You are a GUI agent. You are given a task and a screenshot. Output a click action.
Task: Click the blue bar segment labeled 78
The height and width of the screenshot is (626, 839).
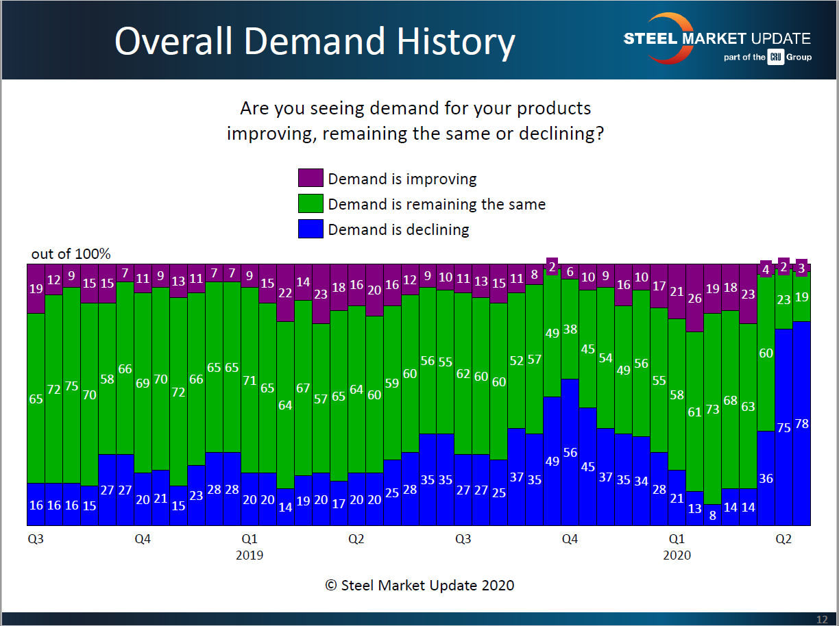tap(801, 423)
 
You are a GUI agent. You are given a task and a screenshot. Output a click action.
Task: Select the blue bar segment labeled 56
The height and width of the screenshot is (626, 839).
tap(570, 452)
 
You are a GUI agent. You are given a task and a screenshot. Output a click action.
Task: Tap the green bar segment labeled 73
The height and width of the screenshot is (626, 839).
tap(712, 408)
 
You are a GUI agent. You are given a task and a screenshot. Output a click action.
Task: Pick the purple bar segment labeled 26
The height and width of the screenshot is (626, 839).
tap(694, 298)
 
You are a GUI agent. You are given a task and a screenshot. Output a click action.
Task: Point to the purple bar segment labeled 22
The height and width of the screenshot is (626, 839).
tap(285, 292)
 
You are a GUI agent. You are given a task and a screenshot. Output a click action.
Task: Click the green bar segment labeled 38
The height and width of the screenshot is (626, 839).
tap(570, 329)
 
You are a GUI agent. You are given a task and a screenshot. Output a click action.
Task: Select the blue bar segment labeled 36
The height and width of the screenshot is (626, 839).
tap(766, 478)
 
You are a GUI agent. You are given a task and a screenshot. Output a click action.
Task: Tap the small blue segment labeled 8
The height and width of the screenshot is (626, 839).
tap(712, 515)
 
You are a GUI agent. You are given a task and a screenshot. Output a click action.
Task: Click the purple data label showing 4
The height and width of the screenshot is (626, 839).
tap(766, 269)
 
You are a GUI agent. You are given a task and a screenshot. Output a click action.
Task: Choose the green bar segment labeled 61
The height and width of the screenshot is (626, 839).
tap(694, 411)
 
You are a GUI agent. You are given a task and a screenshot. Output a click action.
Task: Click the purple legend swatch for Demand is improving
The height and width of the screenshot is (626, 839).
tap(310, 178)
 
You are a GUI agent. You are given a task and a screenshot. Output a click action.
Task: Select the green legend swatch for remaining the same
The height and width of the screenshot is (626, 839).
tap(310, 203)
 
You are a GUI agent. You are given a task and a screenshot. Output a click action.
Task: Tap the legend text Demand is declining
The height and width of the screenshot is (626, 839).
tap(398, 229)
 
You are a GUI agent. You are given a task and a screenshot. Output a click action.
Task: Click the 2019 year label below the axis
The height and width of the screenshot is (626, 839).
tap(250, 555)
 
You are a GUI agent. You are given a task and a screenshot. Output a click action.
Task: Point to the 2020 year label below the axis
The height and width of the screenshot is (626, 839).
tap(677, 555)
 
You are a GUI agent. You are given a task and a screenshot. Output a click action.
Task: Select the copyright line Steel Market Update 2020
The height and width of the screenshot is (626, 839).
tap(419, 585)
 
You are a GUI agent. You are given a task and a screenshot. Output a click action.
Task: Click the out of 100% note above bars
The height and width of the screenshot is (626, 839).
tap(71, 254)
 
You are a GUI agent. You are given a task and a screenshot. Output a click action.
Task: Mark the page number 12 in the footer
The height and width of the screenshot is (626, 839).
tap(822, 620)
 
